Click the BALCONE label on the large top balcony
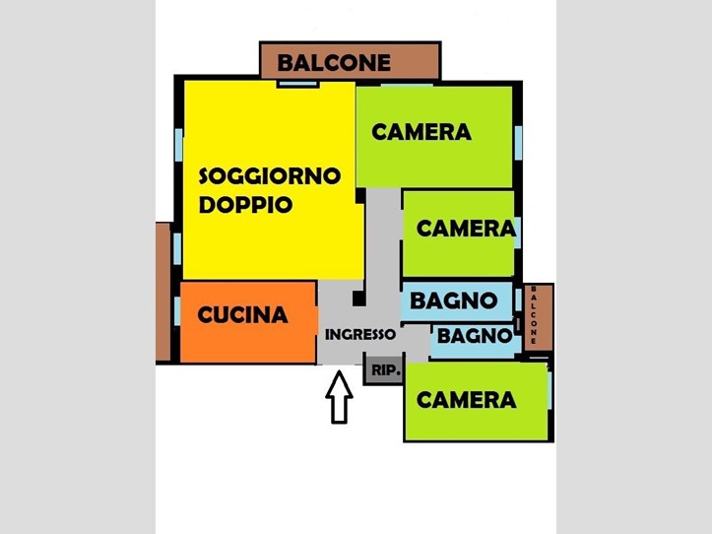coord(334,63)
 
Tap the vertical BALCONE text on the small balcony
coord(534,315)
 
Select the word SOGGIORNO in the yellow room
coord(270,176)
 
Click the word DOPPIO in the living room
coord(245,205)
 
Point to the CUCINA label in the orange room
coord(242,314)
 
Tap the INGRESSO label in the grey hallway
coord(360,334)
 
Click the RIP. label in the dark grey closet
coord(386,369)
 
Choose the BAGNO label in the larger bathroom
coord(453,300)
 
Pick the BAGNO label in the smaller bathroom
coord(475,336)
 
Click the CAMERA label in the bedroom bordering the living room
coord(421,132)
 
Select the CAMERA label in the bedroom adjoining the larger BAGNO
coord(467,229)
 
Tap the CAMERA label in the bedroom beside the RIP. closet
coord(467,400)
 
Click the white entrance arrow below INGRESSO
coord(339,397)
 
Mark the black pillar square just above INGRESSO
coord(358,299)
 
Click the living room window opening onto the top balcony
coord(297,84)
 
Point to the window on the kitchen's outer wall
coord(177,311)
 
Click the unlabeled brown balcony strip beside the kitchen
coord(163,292)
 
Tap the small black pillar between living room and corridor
coord(360,196)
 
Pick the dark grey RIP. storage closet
coord(384,369)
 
